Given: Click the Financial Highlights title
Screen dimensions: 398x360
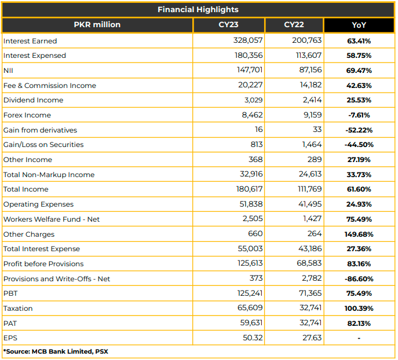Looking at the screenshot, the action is point(198,10).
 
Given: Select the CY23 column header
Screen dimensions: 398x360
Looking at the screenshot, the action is point(228,24).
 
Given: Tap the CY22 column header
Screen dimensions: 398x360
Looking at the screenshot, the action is point(294,24).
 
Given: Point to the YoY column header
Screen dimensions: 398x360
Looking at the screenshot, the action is point(359,25).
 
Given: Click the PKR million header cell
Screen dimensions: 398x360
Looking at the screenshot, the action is point(97,24).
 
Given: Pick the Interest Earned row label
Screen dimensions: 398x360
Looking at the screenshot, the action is point(30,41).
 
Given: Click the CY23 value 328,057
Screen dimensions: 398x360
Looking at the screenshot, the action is point(248,41).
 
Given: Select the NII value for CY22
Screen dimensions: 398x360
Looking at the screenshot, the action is point(311,70).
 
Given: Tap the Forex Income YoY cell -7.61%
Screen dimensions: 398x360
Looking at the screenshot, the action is point(359,115).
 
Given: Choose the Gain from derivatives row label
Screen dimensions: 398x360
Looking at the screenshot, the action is point(40,130).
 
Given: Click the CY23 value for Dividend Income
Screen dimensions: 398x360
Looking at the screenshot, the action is point(253,100).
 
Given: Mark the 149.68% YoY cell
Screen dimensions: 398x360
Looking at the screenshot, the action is point(359,234).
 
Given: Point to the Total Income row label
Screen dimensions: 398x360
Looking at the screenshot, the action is point(25,189).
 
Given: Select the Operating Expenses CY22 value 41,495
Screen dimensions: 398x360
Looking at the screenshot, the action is point(310,204).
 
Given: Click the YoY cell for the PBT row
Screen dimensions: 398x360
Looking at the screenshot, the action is point(359,293).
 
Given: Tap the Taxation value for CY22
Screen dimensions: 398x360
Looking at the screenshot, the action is point(311,308).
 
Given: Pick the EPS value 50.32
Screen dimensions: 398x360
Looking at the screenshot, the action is point(253,337).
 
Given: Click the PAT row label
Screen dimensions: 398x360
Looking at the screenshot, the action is point(10,324).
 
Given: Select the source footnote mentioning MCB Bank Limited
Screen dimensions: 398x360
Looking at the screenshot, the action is point(56,352).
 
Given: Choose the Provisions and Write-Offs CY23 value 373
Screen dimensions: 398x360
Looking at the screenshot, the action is point(256,278).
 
